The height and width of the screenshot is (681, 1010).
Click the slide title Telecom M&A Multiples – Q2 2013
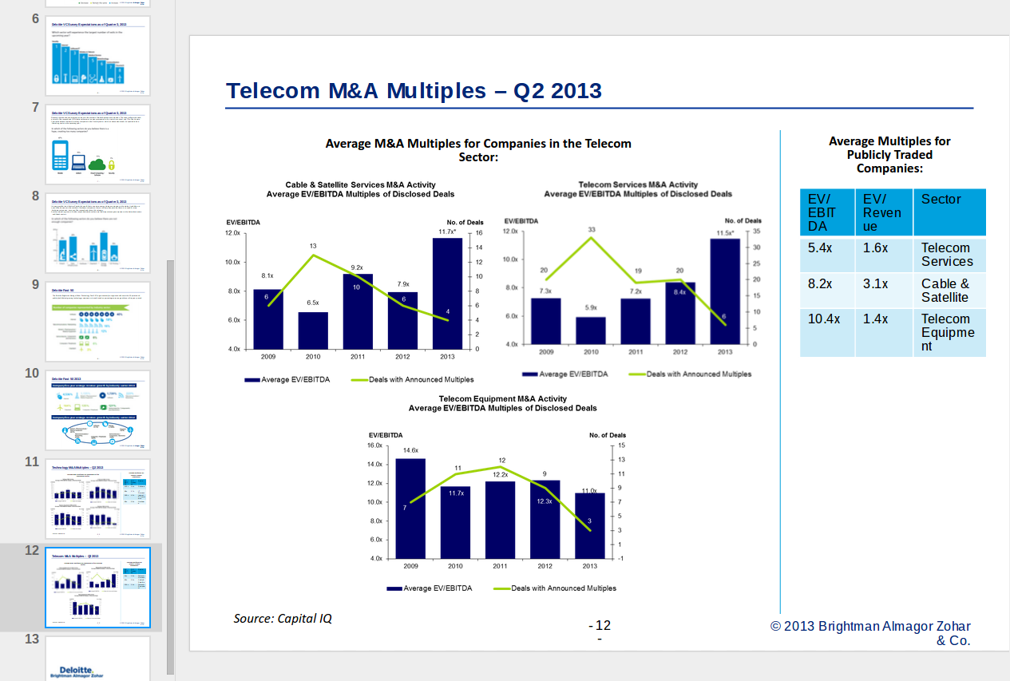(x=414, y=91)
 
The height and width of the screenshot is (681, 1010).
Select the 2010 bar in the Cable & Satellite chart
(x=313, y=331)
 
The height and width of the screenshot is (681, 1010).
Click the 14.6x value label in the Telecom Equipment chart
(x=410, y=451)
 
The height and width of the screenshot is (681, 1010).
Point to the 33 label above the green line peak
(x=592, y=230)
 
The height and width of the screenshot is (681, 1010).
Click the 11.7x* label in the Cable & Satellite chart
(x=447, y=232)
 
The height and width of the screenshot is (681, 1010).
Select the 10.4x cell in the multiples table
(x=824, y=319)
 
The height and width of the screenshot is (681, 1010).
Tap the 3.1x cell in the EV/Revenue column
(x=875, y=284)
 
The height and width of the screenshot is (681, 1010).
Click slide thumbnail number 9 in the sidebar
(x=98, y=322)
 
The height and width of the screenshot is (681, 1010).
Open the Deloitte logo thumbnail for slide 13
(x=98, y=659)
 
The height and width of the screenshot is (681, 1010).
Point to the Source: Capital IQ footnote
(x=283, y=619)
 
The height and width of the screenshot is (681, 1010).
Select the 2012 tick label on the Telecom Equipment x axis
(x=545, y=566)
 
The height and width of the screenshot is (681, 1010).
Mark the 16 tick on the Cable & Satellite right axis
(x=479, y=233)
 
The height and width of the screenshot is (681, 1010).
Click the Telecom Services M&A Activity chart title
(x=637, y=184)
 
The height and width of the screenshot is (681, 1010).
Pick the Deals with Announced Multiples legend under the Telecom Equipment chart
(x=564, y=588)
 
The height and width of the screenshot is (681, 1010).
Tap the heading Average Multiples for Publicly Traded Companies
(x=889, y=155)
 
